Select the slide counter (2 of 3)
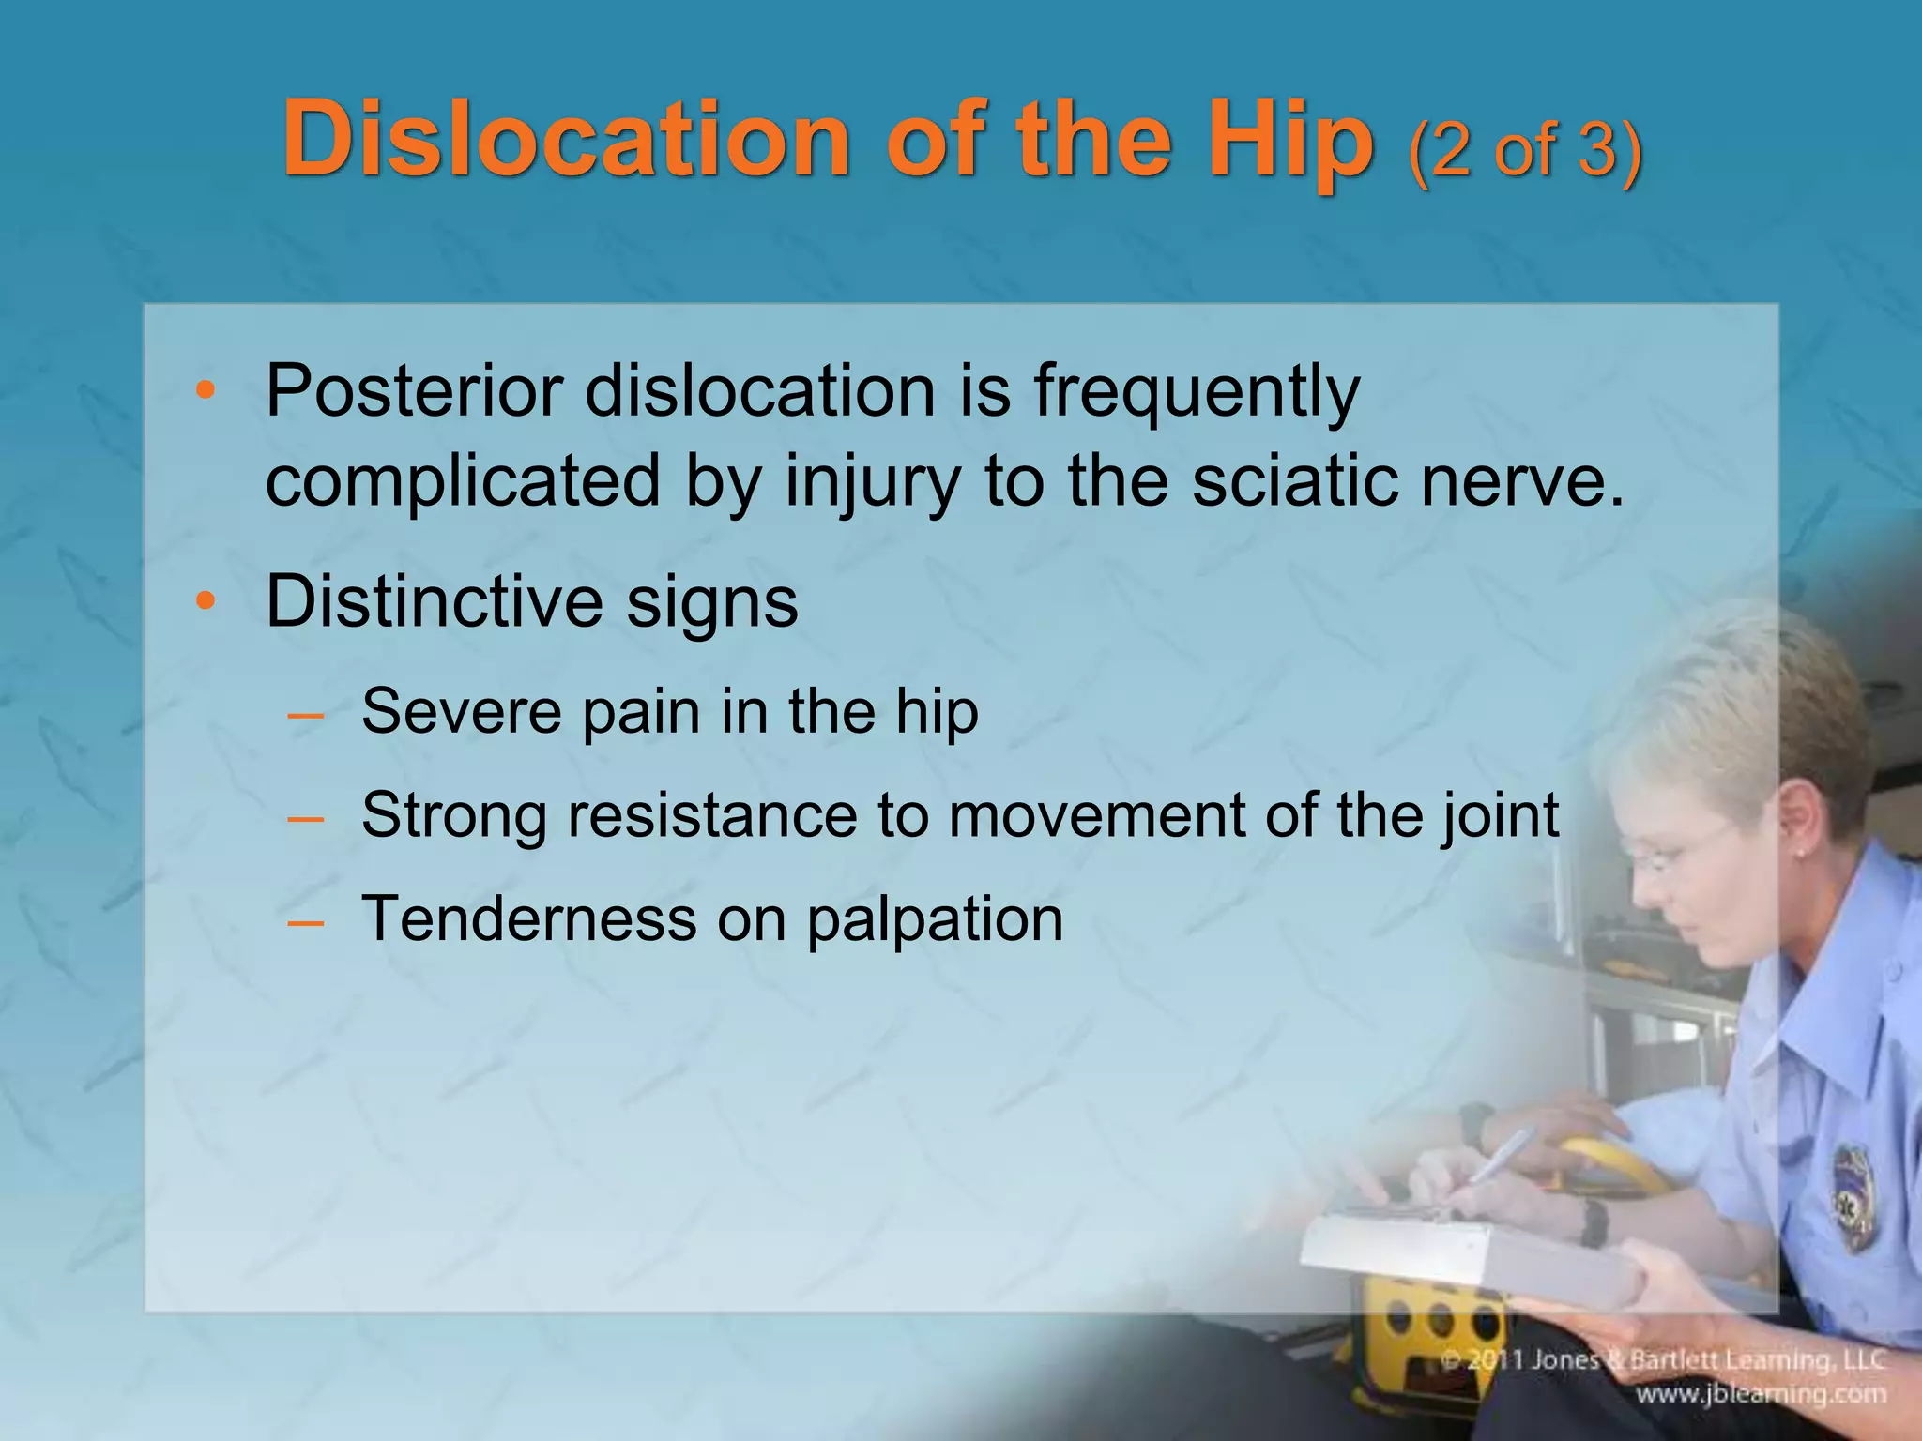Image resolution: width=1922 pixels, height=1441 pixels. (1524, 150)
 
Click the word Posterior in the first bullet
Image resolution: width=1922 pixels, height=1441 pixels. (413, 391)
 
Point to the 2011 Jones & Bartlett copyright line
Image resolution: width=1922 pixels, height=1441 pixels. (1662, 1359)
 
